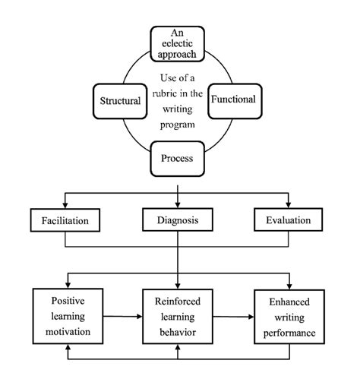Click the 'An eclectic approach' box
pos(177,44)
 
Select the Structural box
pos(120,101)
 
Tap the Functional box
pos(235,101)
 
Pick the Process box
pos(177,159)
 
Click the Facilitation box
pos(65,220)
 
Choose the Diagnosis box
pos(178,220)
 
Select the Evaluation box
pos(289,220)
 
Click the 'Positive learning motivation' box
pos(68,316)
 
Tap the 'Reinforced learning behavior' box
pos(178,317)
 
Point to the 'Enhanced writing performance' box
pos(289,317)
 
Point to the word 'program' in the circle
pos(178,125)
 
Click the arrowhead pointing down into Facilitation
pos(65,205)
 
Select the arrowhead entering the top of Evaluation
pos(289,205)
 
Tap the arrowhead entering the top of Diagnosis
pos(178,205)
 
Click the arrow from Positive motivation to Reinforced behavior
pos(123,316)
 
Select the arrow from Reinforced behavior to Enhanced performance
pos(233,317)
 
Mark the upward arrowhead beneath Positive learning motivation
pos(68,347)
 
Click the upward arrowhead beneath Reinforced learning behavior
pos(178,347)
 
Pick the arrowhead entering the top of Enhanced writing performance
pos(289,286)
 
